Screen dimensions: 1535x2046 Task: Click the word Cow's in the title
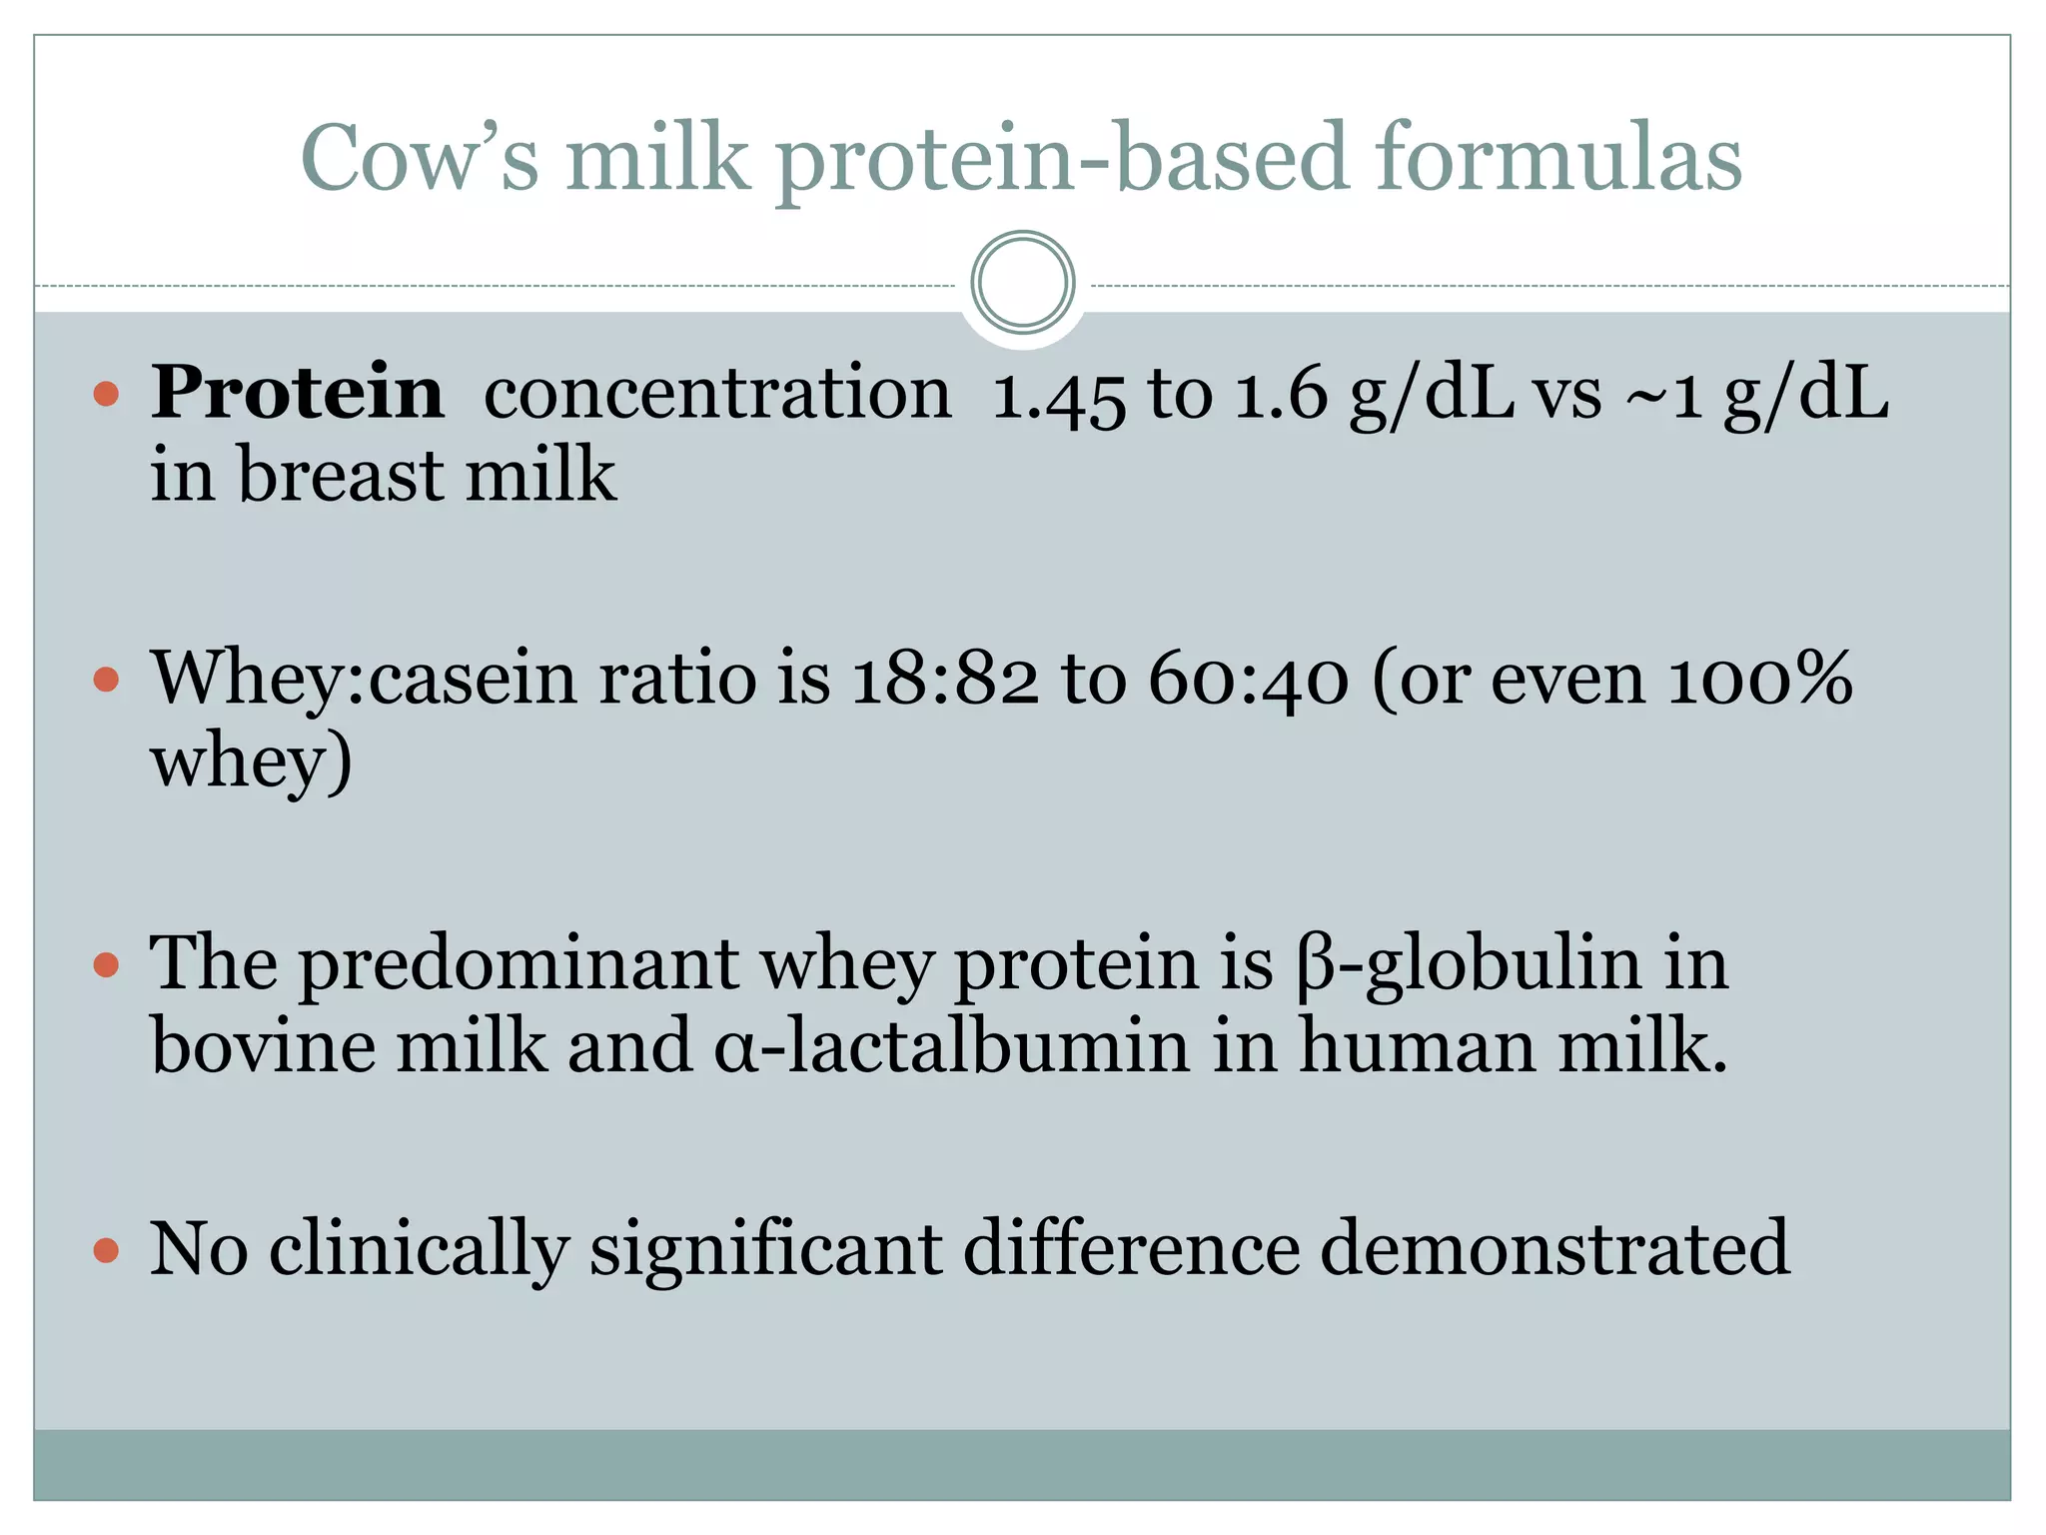tap(420, 157)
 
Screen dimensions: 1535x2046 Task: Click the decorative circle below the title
tap(1022, 283)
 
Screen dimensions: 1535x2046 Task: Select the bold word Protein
tap(298, 392)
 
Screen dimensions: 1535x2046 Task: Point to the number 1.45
tap(1058, 395)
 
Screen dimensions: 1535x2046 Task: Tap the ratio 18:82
tap(945, 680)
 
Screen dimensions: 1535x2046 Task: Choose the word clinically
tap(419, 1250)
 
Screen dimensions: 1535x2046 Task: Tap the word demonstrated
tap(1554, 1248)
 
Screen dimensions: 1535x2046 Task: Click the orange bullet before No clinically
tap(106, 1250)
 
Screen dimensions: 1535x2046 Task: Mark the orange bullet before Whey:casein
tap(106, 681)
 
